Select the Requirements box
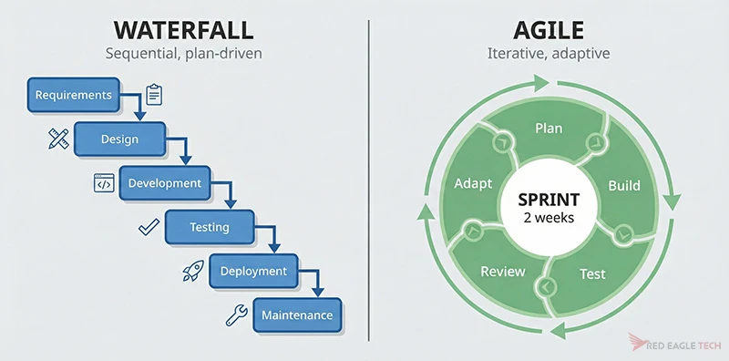point(73,94)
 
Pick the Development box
point(164,183)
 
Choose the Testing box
point(209,227)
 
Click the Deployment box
point(253,271)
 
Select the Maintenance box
point(297,315)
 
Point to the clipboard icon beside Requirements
point(153,94)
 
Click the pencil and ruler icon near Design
point(58,139)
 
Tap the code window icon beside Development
point(104,183)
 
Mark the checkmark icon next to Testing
point(148,227)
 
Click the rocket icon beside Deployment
point(192,270)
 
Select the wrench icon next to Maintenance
point(236,315)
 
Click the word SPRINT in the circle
point(547,200)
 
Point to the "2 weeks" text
point(547,220)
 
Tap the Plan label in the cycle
point(549,129)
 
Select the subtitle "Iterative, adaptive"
point(547,54)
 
